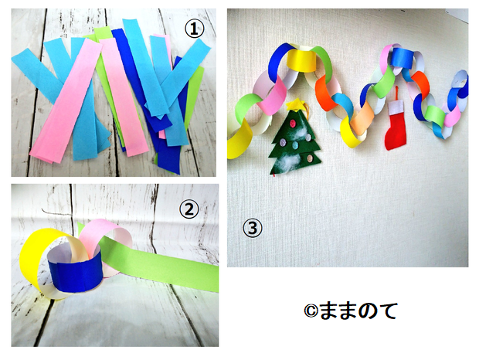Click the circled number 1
[194, 29]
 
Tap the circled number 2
[189, 209]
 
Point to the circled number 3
[253, 228]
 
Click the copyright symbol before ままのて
[311, 311]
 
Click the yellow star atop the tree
[295, 104]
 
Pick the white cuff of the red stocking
[396, 107]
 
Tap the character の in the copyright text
[365, 311]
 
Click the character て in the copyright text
[387, 311]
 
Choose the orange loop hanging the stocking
[397, 94]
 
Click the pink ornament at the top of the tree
[293, 124]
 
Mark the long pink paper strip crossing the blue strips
[66, 100]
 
